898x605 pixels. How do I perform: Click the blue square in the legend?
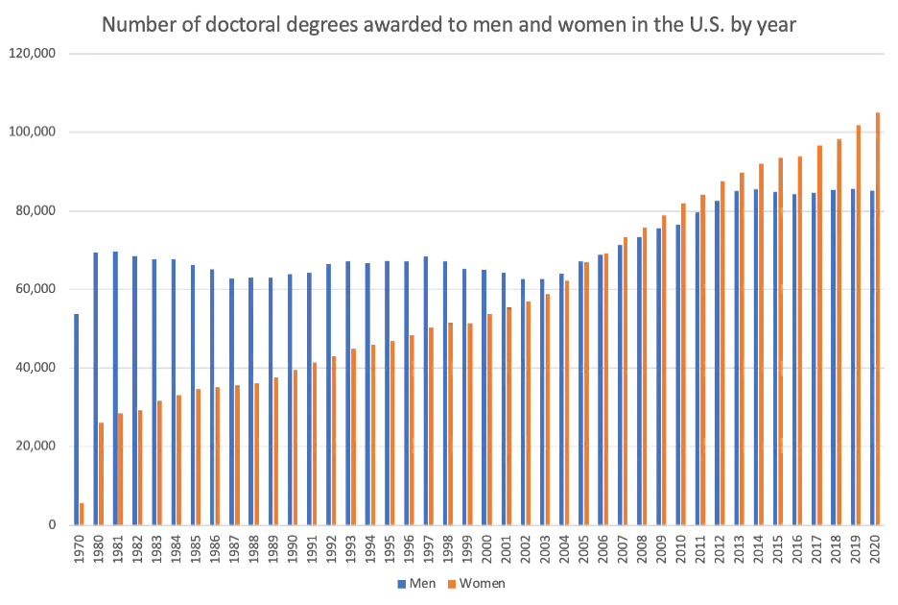pos(396,583)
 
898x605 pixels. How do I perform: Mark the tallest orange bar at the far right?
pos(878,317)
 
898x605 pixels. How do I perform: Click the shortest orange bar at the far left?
pos(83,513)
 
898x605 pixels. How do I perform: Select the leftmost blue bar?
pos(75,418)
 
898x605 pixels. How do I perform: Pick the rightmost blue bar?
pos(871,355)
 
